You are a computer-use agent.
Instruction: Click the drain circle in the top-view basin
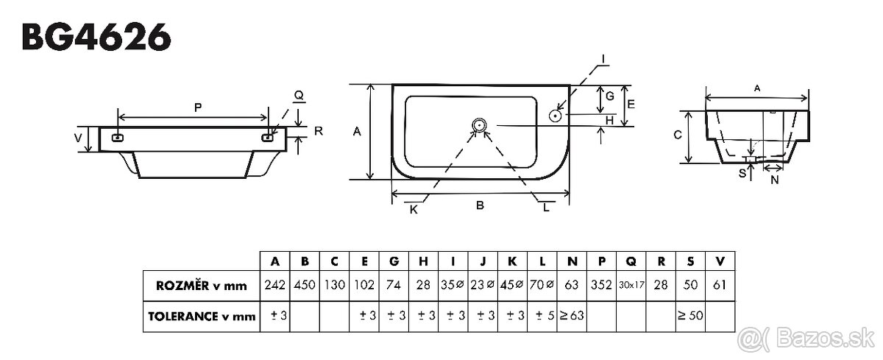coord(479,125)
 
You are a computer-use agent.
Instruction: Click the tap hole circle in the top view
coord(556,115)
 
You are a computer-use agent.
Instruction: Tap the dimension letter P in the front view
coord(197,107)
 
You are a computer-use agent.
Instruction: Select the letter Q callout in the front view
coord(298,96)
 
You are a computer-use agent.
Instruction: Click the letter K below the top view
coord(414,210)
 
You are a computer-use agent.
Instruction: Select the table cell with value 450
coord(305,285)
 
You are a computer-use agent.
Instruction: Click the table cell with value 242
coord(274,285)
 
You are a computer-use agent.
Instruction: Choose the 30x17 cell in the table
coord(631,285)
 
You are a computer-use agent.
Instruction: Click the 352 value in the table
coord(601,285)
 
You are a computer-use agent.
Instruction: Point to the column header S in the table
coord(690,261)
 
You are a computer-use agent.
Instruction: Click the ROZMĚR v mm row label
coord(200,285)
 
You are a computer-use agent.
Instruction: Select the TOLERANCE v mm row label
coord(200,317)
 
